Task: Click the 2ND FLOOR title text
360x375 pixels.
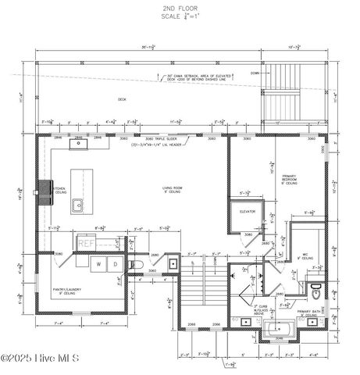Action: tap(180, 7)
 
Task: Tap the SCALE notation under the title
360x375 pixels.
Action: tap(180, 16)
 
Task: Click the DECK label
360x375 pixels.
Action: tap(122, 99)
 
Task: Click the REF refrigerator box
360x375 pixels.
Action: tap(86, 243)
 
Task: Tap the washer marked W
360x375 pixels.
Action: tap(99, 265)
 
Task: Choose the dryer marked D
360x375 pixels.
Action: tap(115, 265)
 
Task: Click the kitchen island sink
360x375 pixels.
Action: tap(99, 205)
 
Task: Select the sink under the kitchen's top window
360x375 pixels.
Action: tap(79, 143)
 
